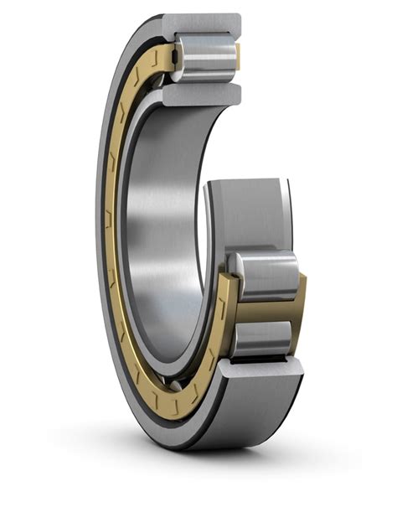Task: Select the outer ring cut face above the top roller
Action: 201,23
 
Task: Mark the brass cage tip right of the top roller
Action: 238,56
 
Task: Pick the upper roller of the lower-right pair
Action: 266,272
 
